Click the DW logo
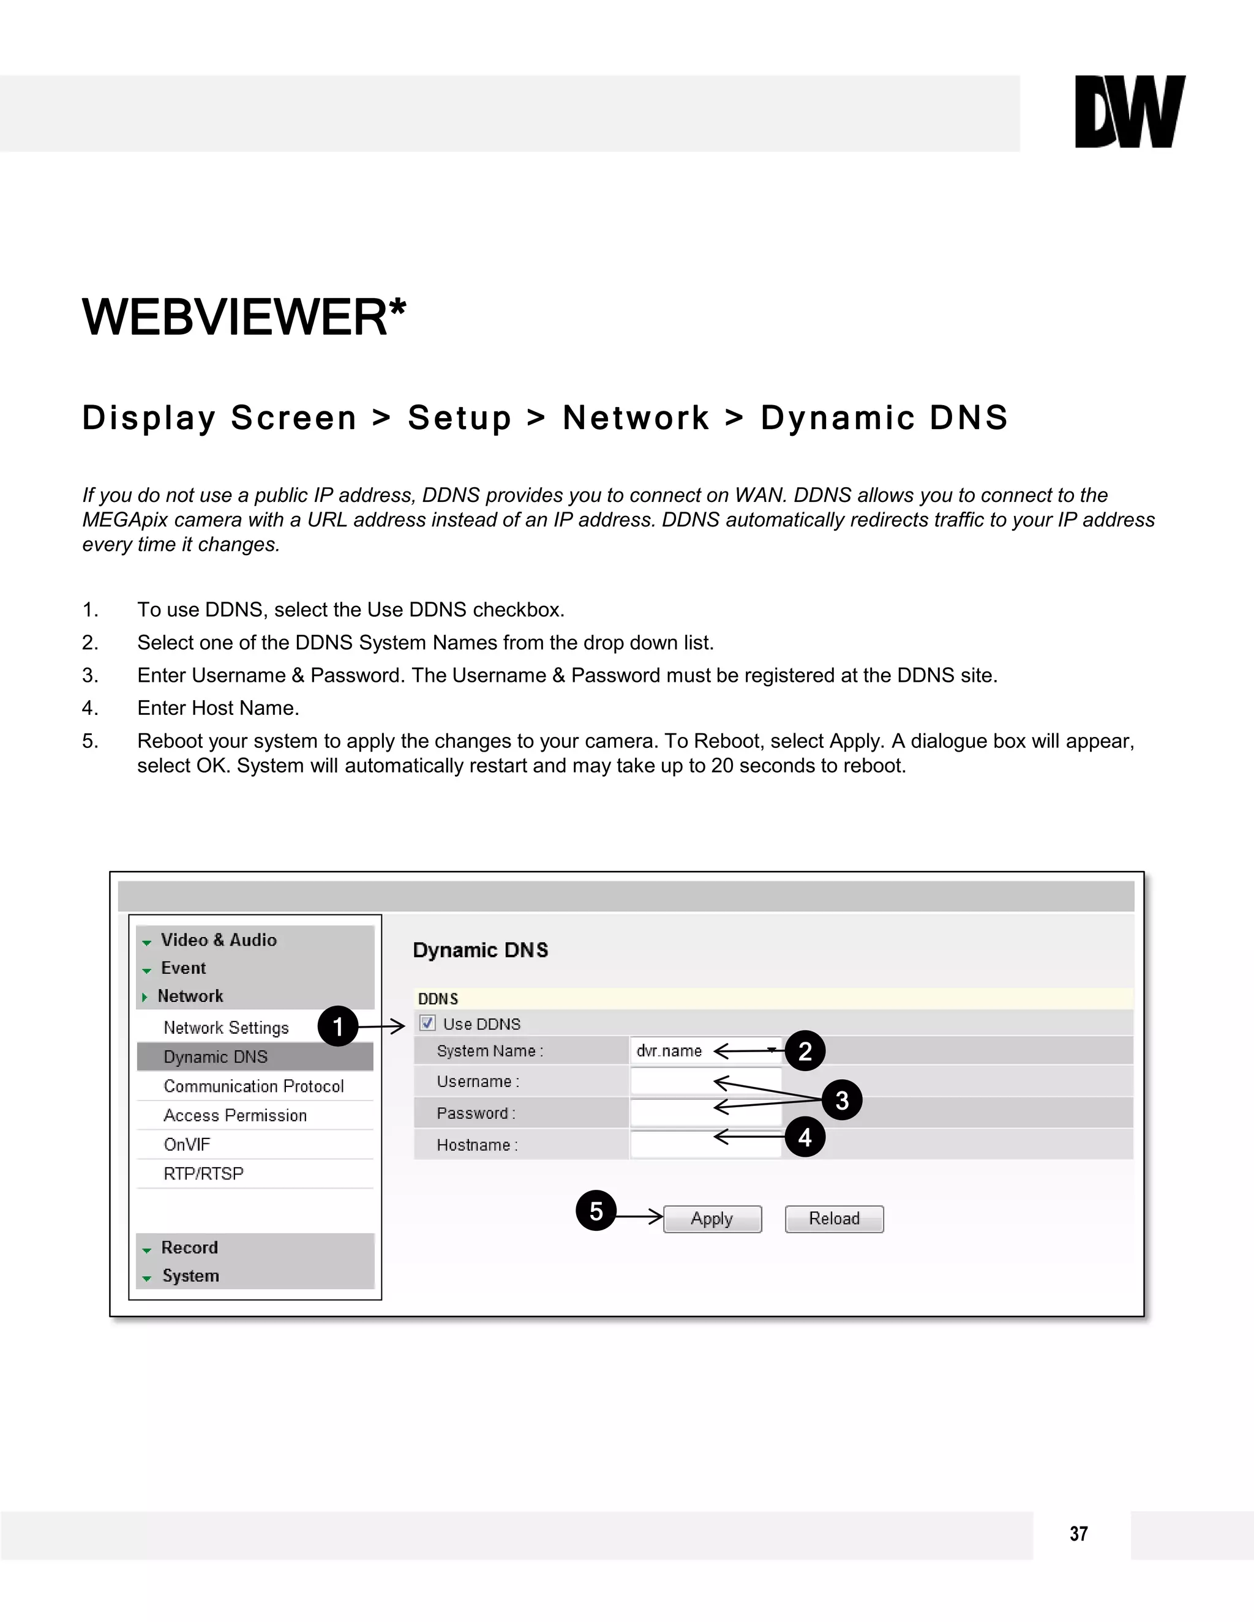point(1129,111)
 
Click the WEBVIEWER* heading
point(244,317)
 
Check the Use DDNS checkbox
point(428,1023)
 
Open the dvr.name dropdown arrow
point(773,1050)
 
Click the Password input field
point(706,1113)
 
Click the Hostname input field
point(706,1145)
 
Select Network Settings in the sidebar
point(226,1028)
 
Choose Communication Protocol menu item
point(253,1086)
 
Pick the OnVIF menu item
point(187,1145)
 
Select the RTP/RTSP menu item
point(203,1173)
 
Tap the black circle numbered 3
point(842,1100)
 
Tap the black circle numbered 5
point(596,1211)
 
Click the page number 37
point(1079,1534)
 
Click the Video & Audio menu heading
point(219,940)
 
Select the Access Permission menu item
point(235,1115)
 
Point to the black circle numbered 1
point(338,1026)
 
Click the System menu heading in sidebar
point(190,1276)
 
